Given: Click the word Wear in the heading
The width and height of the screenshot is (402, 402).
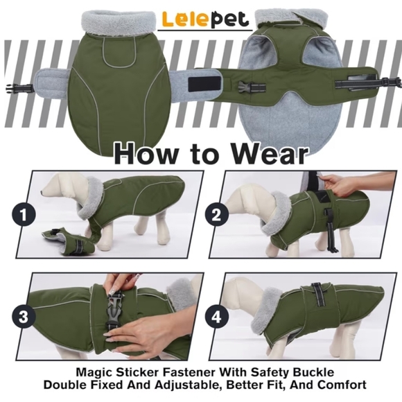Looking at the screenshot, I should point(261,152).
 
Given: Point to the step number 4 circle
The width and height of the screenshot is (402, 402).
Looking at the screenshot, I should point(217,317).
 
